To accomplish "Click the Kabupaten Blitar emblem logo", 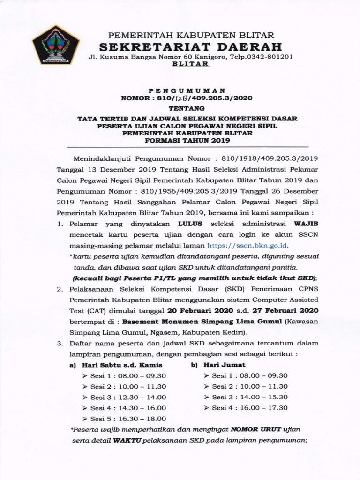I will coord(55,45).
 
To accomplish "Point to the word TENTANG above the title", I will coord(187,108).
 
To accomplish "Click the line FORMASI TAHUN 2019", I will coord(187,140).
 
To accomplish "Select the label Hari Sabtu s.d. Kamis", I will coord(122,364).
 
